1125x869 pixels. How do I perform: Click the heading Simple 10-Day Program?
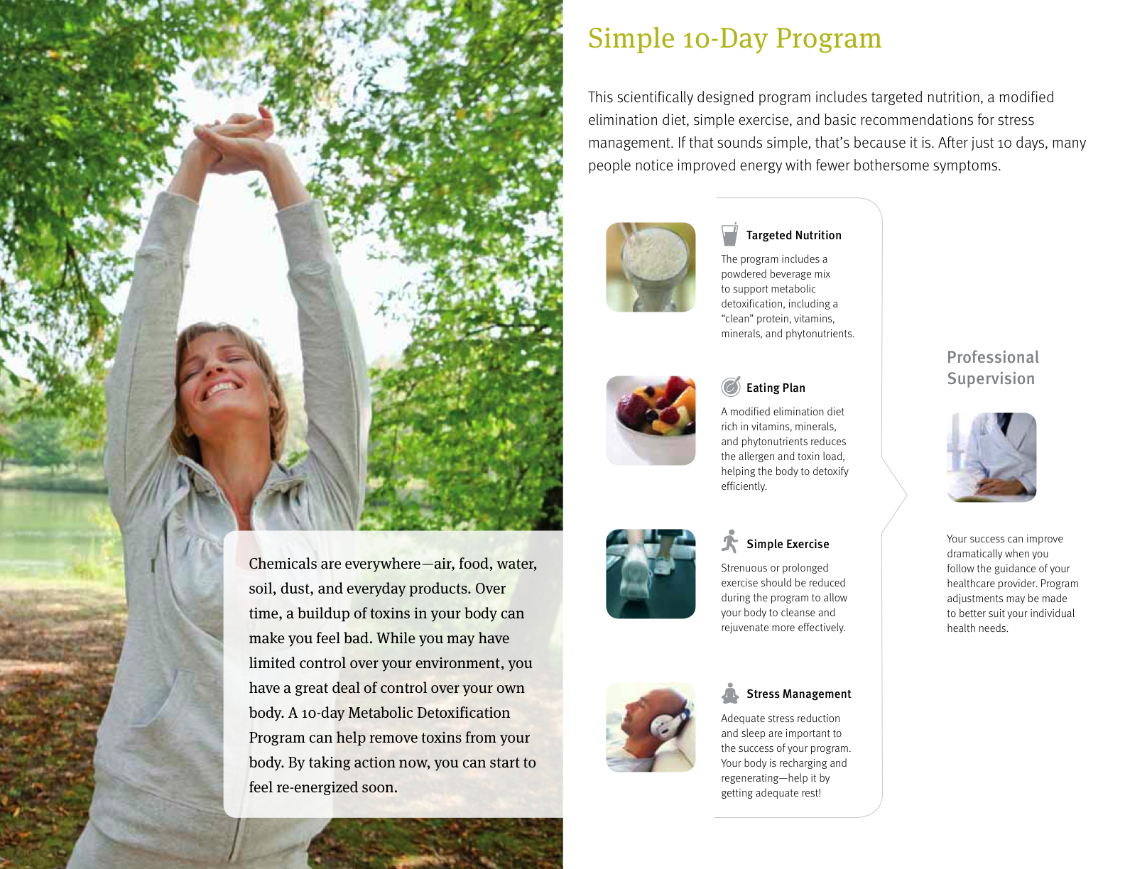point(734,39)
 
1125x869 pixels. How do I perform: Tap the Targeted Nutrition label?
point(793,236)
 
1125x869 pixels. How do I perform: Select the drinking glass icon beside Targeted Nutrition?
point(729,234)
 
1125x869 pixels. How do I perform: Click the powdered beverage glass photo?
point(651,267)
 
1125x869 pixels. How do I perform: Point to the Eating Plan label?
point(775,388)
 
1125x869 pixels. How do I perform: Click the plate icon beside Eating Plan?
point(731,386)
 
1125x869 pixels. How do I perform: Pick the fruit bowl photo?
point(651,420)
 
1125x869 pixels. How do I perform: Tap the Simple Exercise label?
point(788,544)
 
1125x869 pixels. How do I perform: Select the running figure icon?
point(730,542)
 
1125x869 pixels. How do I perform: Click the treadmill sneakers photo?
point(651,574)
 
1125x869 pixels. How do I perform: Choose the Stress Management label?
point(798,694)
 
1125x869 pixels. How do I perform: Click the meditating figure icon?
point(730,694)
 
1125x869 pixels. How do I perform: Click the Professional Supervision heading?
point(992,368)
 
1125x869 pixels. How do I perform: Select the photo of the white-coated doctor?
point(991,457)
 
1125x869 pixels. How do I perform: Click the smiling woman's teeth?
point(221,388)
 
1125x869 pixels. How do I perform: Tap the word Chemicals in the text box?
point(282,564)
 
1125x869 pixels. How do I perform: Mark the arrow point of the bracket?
point(906,496)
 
